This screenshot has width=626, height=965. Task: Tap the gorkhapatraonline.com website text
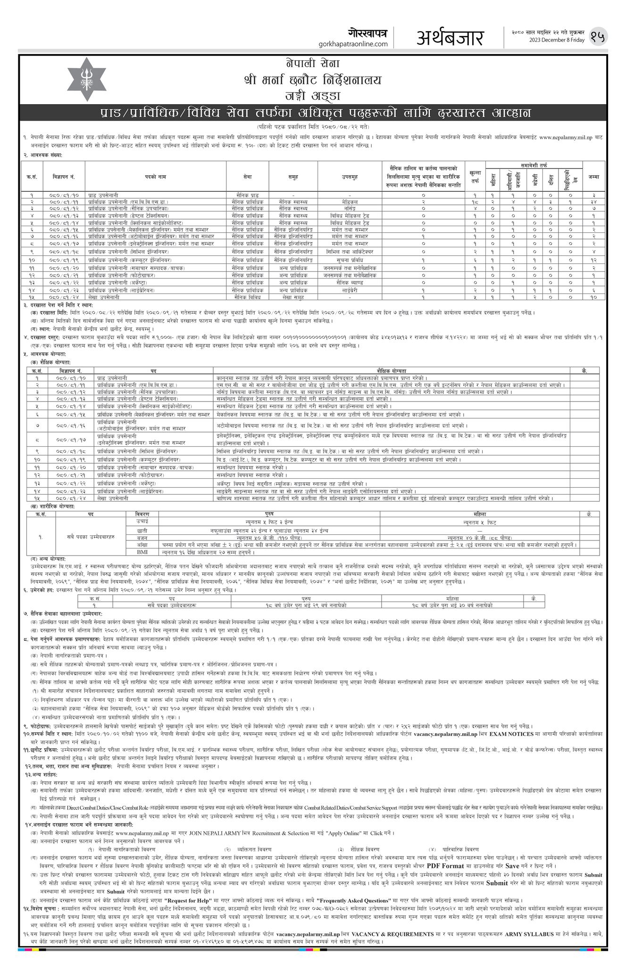pyautogui.click(x=353, y=44)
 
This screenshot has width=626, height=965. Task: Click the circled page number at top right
pyautogui.click(x=599, y=36)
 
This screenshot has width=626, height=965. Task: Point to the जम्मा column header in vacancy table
pyautogui.click(x=593, y=177)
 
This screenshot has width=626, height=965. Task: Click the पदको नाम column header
pyautogui.click(x=156, y=177)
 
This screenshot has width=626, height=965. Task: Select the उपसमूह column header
pyautogui.click(x=350, y=177)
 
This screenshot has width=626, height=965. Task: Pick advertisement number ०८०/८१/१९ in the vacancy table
pyautogui.click(x=64, y=260)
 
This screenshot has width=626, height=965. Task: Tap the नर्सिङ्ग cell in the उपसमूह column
pyautogui.click(x=350, y=208)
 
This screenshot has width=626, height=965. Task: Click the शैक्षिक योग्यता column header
pyautogui.click(x=392, y=370)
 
